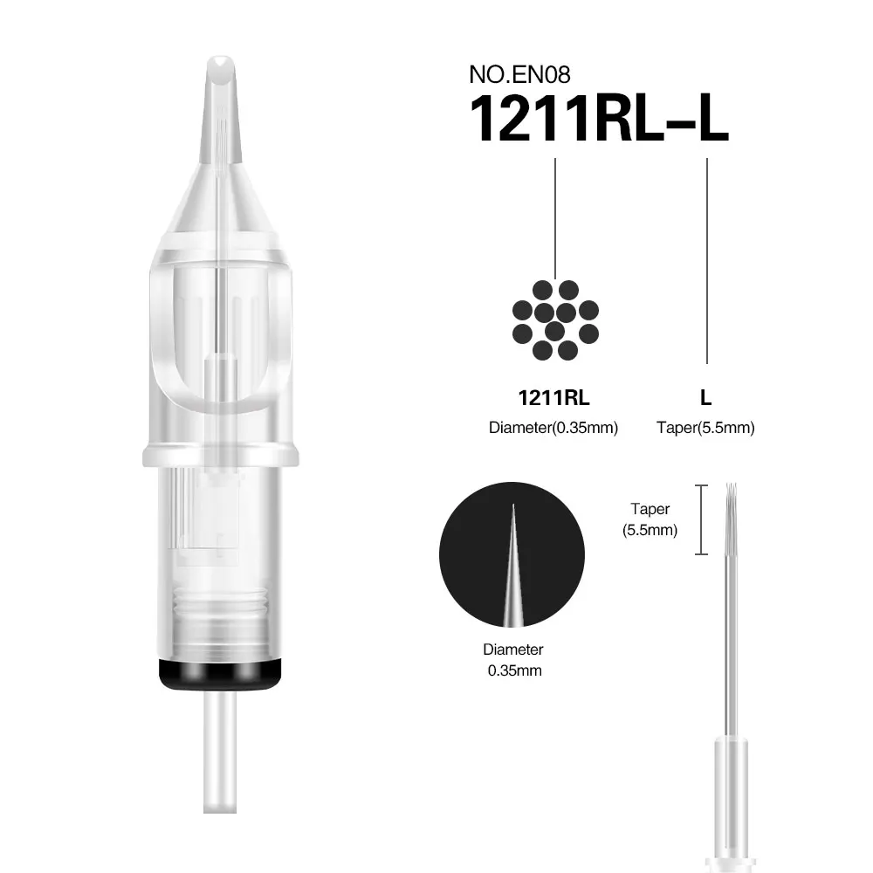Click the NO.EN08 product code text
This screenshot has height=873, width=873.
519,74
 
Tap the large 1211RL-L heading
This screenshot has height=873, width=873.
599,119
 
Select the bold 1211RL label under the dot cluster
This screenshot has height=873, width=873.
553,398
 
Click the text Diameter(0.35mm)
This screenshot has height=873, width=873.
553,428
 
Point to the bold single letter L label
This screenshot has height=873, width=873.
705,398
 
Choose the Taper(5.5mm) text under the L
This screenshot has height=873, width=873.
705,428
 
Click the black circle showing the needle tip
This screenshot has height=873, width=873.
512,554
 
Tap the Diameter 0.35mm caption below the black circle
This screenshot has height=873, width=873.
513,660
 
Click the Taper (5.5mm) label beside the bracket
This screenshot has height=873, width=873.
650,519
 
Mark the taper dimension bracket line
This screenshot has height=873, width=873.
702,520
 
